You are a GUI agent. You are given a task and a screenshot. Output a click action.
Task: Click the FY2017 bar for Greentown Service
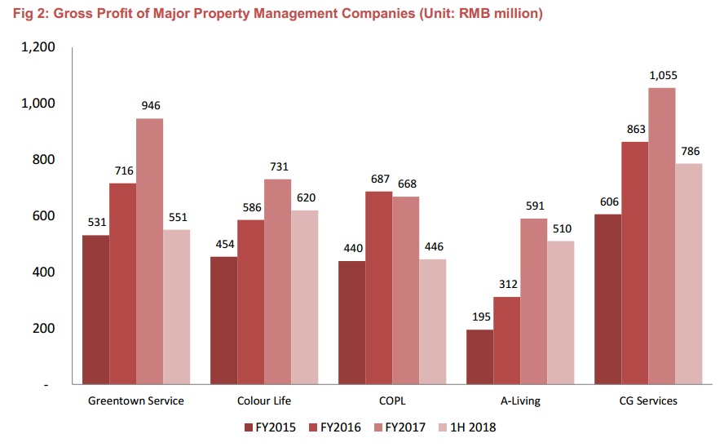tap(150, 251)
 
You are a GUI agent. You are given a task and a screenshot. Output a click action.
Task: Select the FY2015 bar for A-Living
tap(480, 356)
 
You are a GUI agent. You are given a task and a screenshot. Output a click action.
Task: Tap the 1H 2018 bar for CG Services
tap(689, 273)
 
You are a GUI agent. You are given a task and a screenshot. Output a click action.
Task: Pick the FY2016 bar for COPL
tap(379, 287)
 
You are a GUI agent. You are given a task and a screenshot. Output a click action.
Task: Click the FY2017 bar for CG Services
tap(662, 236)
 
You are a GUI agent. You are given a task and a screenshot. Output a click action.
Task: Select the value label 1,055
tap(663, 75)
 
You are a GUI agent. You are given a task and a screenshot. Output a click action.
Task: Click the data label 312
tap(506, 284)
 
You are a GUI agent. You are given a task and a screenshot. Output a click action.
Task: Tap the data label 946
tap(150, 106)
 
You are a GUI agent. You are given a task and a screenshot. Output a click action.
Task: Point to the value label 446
tap(432, 246)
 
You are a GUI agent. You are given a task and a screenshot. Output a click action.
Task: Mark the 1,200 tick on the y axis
tap(38, 47)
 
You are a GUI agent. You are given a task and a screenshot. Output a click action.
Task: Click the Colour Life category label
tap(264, 401)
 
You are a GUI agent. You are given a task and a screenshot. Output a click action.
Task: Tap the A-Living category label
tap(520, 401)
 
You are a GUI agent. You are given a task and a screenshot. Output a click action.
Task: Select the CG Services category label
tap(647, 401)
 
